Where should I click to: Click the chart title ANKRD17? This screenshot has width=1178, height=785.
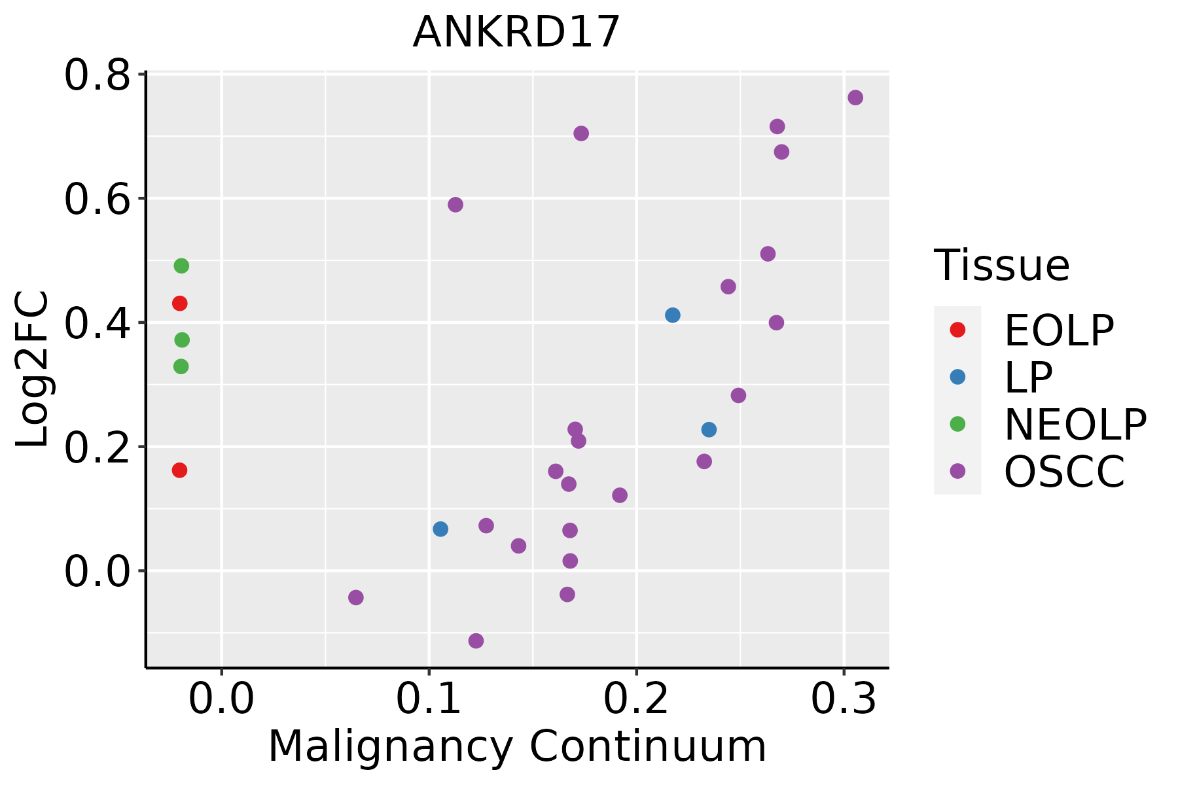[x=516, y=32]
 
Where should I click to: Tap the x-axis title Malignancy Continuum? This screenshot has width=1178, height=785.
[x=517, y=747]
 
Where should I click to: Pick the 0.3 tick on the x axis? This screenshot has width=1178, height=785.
[x=844, y=699]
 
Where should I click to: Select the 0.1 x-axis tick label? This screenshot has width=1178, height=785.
[x=429, y=699]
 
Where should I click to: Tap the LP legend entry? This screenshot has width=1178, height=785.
[x=1001, y=377]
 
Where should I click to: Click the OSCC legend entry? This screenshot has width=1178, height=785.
[x=1037, y=471]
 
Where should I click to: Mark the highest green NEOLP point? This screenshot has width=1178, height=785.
[x=181, y=266]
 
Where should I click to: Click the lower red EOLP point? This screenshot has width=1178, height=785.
[x=179, y=470]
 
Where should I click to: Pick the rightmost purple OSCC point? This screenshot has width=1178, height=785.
[x=855, y=97]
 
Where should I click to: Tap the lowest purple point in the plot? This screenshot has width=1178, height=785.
[x=476, y=640]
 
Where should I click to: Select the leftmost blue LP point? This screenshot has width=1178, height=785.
[x=440, y=529]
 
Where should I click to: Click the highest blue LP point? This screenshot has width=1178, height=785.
[x=673, y=315]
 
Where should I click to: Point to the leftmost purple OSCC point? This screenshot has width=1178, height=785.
[x=356, y=597]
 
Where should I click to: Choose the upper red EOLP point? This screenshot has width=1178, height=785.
[x=179, y=303]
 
